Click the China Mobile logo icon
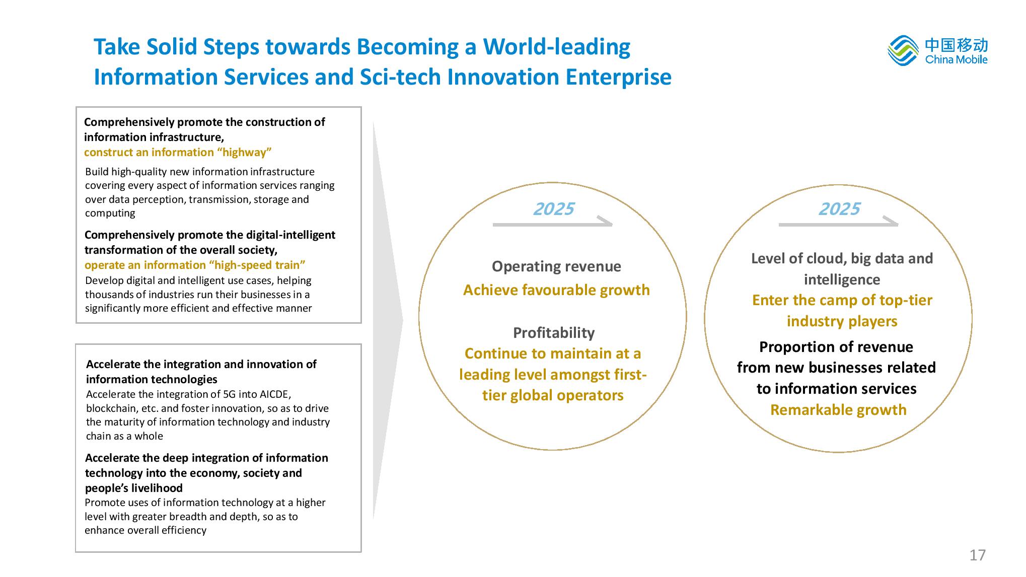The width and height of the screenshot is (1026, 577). tap(903, 50)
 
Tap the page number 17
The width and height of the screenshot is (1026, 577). tap(977, 555)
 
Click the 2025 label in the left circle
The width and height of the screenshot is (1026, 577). tap(553, 208)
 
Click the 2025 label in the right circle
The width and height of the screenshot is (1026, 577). tap(839, 208)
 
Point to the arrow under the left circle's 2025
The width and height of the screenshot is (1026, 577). tap(552, 224)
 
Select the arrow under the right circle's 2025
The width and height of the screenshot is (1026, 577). tap(838, 224)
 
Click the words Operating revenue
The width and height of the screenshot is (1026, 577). tap(556, 266)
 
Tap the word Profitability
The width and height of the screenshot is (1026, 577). tap(554, 332)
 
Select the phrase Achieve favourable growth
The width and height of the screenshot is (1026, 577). tap(556, 290)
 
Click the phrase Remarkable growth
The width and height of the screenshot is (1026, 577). tap(838, 410)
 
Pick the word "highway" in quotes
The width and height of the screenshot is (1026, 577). tap(244, 152)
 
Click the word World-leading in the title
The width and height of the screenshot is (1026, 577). tap(557, 47)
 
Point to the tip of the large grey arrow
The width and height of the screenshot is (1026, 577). tap(403, 320)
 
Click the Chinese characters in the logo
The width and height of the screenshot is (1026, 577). tap(957, 45)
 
